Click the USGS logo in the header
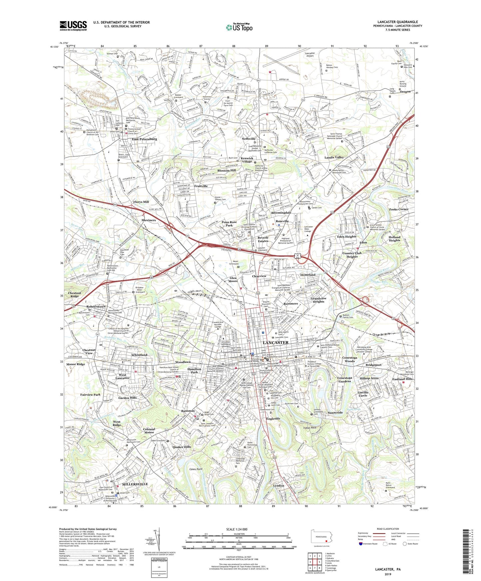point(73,25)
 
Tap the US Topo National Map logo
point(239,28)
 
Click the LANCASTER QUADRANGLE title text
point(397,22)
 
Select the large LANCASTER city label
point(276,342)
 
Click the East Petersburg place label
point(144,139)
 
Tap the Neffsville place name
point(249,139)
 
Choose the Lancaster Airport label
point(310,55)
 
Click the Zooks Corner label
point(398,209)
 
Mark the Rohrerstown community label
point(96,306)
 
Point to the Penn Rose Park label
point(229,224)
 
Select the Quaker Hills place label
point(182,447)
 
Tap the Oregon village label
point(405,92)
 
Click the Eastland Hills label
point(402,379)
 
